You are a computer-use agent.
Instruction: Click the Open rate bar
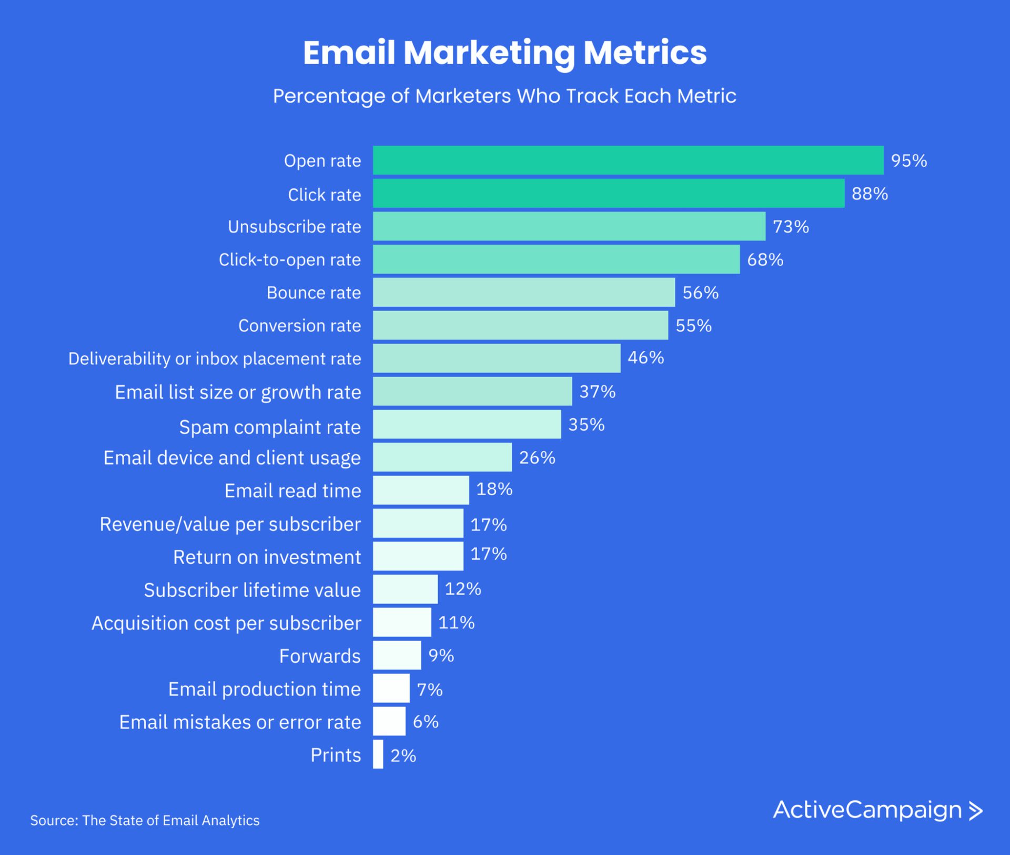628,160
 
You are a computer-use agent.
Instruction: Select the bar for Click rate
609,194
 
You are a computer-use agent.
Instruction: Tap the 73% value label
790,227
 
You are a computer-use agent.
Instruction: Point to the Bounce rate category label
314,293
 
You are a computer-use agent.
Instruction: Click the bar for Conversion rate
520,325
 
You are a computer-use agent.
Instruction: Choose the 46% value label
645,358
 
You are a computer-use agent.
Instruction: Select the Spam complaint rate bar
467,425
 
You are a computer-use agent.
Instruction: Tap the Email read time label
292,490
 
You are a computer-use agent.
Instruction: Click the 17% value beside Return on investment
488,554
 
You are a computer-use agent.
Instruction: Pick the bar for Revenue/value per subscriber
418,524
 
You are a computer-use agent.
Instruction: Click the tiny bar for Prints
378,755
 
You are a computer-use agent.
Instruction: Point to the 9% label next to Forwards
441,656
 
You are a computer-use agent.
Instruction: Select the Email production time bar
391,689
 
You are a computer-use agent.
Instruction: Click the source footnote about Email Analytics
145,820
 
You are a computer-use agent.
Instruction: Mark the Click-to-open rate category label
289,259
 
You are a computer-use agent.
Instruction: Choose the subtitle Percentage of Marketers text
504,96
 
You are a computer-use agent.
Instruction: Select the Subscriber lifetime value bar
405,589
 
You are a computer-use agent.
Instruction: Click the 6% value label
425,722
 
